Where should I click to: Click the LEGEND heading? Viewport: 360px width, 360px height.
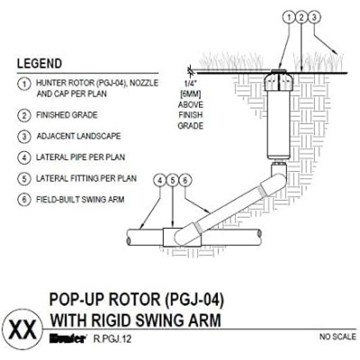(40, 64)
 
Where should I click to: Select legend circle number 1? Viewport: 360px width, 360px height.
(24, 84)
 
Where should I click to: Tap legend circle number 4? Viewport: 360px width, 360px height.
(24, 157)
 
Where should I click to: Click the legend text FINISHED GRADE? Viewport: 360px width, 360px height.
(67, 115)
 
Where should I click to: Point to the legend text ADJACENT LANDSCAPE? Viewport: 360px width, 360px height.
(78, 136)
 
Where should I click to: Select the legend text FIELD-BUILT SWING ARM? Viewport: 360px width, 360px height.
(80, 200)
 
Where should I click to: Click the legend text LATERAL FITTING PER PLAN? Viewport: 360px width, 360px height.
(86, 178)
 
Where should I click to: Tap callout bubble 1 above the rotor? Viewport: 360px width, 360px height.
(289, 17)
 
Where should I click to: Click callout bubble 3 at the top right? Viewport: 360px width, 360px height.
(314, 17)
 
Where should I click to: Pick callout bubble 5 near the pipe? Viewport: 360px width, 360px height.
(173, 181)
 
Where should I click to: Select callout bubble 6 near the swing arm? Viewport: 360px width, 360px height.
(185, 181)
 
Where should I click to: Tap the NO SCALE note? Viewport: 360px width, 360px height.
(337, 337)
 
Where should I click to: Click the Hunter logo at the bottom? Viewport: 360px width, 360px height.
(67, 339)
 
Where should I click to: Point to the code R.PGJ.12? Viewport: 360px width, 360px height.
(112, 339)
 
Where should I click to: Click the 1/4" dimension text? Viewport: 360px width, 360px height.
(191, 85)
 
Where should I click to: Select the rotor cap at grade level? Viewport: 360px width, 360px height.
(279, 71)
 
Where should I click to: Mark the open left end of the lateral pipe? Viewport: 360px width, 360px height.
(129, 238)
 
